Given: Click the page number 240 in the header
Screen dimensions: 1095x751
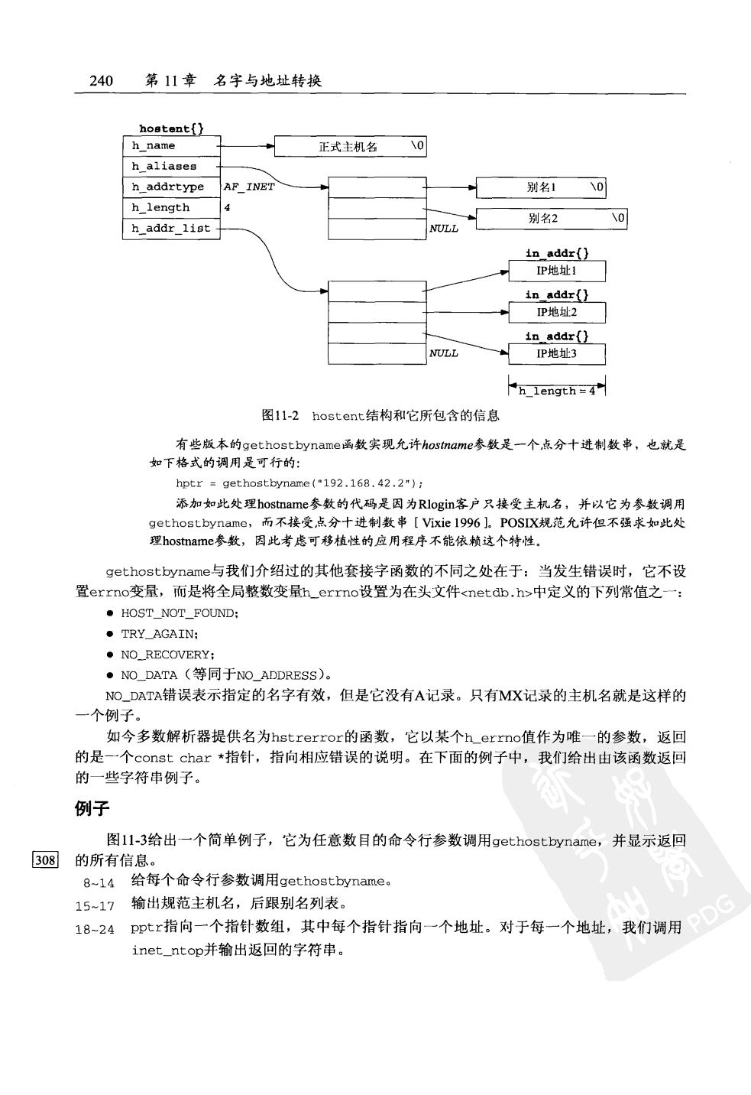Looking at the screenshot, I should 101,80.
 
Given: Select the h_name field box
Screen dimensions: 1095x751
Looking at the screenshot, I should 171,146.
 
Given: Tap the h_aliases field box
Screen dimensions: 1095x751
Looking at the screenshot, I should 171,167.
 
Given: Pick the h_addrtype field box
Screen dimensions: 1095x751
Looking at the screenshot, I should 171,187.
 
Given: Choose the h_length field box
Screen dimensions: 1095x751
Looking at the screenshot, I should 171,208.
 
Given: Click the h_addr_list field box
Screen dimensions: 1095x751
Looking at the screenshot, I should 171,229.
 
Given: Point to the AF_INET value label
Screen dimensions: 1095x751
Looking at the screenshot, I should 249,187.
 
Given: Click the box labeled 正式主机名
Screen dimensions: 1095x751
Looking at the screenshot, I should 350,147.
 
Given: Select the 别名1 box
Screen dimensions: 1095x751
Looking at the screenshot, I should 541,187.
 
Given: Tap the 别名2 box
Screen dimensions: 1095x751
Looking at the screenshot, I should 551,219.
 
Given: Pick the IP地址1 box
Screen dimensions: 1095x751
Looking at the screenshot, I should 557,271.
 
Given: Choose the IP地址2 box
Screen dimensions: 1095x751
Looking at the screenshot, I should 557,312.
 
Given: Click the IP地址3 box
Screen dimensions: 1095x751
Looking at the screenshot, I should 557,353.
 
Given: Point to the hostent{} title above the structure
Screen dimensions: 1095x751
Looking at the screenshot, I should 171,128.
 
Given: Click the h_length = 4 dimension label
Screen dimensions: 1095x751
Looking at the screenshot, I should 557,392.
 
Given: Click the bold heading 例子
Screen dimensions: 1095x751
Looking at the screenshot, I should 92,808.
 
